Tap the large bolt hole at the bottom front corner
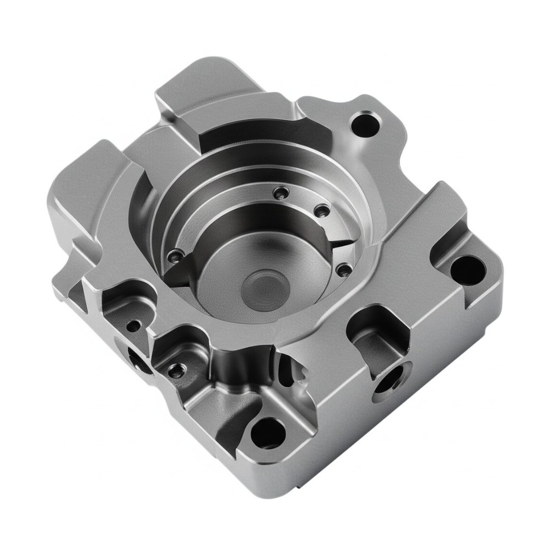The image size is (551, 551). (267, 431)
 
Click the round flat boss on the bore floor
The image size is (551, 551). (266, 288)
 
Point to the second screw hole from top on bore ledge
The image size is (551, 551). (320, 211)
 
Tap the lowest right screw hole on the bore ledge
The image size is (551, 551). (343, 269)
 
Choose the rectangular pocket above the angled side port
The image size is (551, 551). (374, 339)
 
